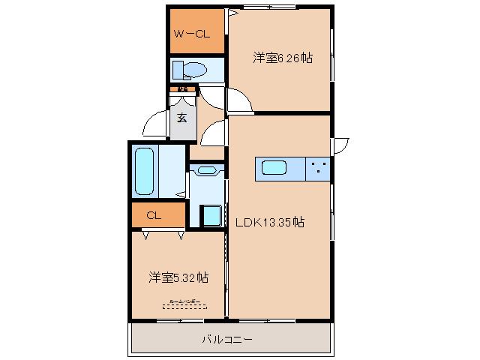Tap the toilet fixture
point(192,70)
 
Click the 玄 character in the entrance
point(182,118)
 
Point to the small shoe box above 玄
point(182,90)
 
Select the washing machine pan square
point(211,215)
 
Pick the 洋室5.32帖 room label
point(178,277)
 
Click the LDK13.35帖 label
point(270,222)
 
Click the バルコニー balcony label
point(226,340)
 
